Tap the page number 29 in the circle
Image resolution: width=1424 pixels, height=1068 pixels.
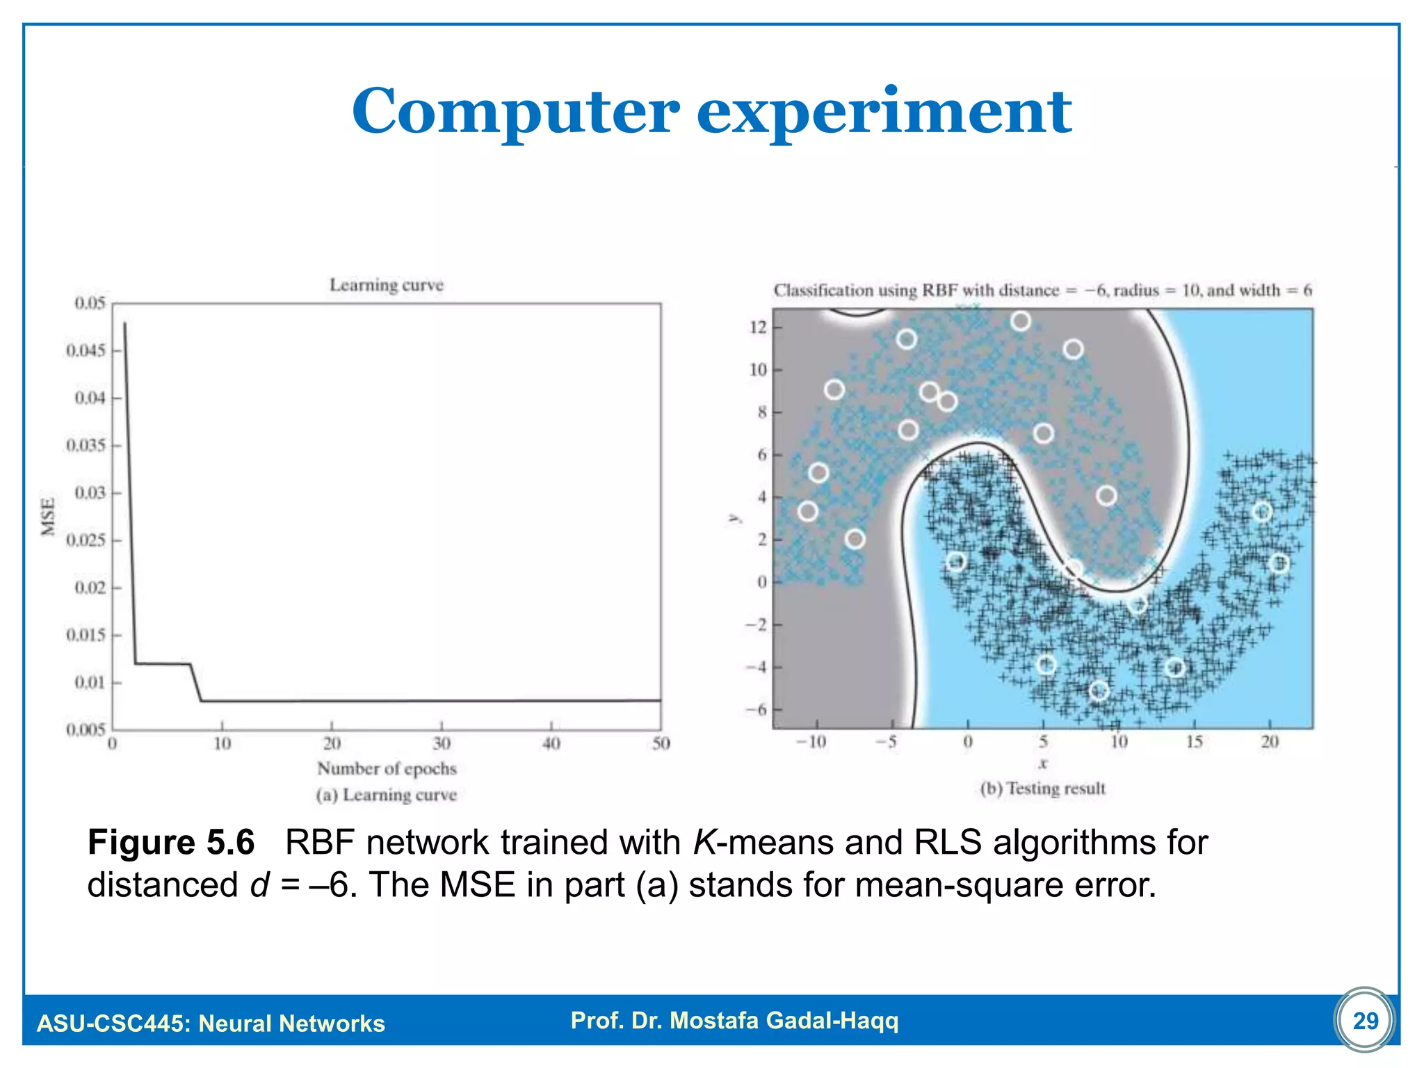pos(1365,1020)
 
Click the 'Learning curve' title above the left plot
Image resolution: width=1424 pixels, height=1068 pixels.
pos(386,285)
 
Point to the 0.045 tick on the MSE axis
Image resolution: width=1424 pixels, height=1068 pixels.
pos(87,350)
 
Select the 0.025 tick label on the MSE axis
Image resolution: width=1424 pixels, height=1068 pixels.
pos(87,540)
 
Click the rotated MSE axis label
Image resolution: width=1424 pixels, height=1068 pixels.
pos(48,517)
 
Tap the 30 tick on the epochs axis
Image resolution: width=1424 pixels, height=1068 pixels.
pos(442,743)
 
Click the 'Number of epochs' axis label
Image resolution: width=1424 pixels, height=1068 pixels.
pos(387,768)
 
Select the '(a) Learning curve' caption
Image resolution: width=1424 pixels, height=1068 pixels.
pos(387,795)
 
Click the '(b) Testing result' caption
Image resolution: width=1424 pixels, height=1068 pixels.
pos(1042,788)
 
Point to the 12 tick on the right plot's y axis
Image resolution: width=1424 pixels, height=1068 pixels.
pos(758,327)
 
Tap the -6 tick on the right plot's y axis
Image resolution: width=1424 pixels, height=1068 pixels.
pos(756,709)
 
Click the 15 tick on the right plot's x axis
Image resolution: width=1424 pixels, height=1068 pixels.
pos(1194,742)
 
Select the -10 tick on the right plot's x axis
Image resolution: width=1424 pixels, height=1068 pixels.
pos(811,742)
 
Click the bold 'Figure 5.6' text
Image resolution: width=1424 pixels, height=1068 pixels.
pos(171,842)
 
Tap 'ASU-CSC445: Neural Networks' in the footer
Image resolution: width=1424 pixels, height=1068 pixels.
pos(211,1023)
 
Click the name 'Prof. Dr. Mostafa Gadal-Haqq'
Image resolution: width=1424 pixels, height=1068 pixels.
pos(734,1020)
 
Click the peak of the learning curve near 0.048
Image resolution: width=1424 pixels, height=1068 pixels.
pos(125,323)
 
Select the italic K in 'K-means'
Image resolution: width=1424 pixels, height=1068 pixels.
pos(704,842)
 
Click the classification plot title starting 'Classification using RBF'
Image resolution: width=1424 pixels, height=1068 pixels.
pos(1042,290)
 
